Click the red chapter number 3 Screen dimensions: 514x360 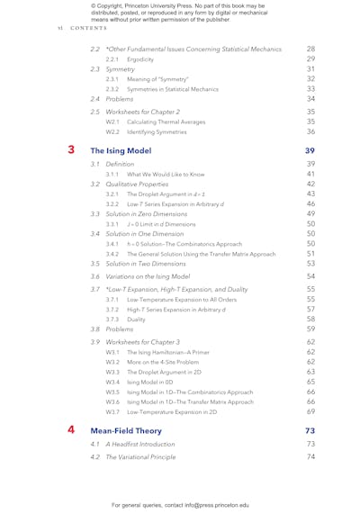point(71,149)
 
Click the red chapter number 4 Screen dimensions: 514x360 point(71,429)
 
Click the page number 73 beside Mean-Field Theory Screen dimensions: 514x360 point(310,430)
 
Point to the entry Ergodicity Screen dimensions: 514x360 point(140,59)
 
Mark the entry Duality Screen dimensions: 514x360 point(137,319)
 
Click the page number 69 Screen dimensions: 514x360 point(310,411)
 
